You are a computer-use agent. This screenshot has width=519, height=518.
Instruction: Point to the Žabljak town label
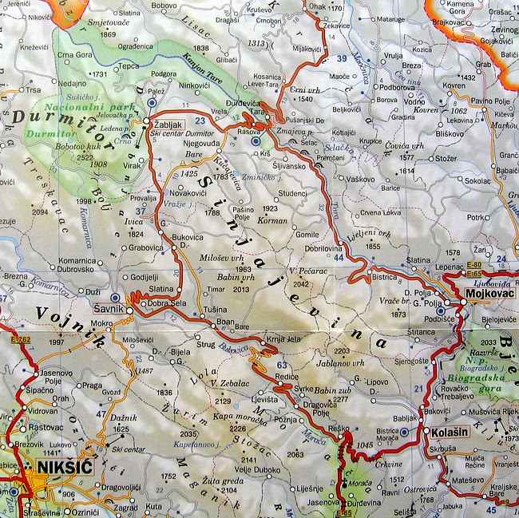click(168, 125)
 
